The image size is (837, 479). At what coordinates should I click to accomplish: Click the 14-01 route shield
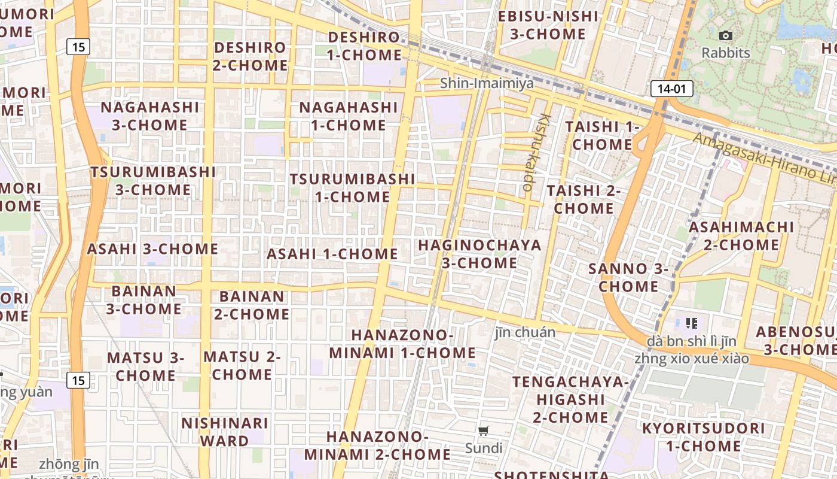[x=671, y=89]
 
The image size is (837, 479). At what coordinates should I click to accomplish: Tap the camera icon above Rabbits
[x=726, y=36]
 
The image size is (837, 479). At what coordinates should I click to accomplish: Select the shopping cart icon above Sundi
[x=484, y=431]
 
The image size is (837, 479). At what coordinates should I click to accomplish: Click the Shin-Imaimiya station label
[x=487, y=83]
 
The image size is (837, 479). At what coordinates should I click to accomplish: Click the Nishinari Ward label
[x=225, y=432]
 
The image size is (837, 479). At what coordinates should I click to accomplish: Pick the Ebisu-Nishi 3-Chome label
[x=548, y=25]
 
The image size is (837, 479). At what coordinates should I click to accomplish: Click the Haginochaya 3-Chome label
[x=479, y=254]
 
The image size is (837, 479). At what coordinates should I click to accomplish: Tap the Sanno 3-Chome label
[x=628, y=277]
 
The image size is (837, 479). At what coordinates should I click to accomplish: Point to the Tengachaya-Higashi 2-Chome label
[x=571, y=399]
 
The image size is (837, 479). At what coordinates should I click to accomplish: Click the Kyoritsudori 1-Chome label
[x=703, y=437]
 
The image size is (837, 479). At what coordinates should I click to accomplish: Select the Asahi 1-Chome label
[x=332, y=254]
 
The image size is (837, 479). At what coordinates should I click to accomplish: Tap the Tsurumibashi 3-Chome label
[x=153, y=181]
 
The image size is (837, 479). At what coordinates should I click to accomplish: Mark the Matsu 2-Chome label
[x=242, y=366]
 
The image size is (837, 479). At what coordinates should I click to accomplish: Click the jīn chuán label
[x=525, y=332]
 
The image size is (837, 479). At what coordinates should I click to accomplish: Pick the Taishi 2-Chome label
[x=584, y=199]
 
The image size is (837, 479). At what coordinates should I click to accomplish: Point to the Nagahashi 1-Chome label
[x=348, y=116]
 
